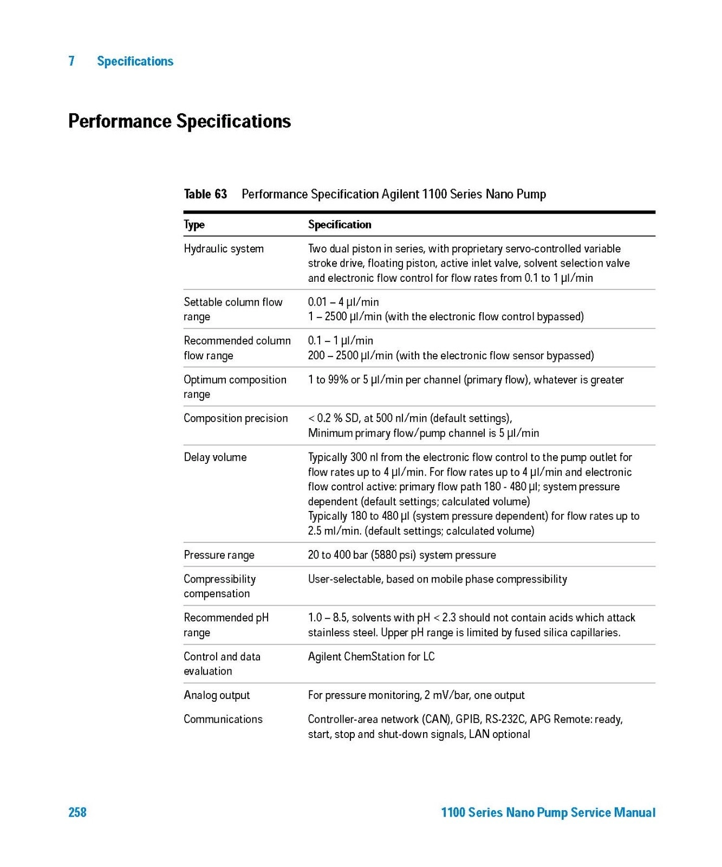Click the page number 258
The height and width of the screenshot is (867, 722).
[77, 812]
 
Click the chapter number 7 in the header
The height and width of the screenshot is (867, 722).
[71, 61]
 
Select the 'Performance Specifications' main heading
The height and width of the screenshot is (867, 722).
[179, 121]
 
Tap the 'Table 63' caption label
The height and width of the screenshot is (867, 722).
[205, 194]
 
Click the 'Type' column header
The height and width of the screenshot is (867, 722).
[194, 224]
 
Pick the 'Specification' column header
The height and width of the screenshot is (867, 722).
[340, 224]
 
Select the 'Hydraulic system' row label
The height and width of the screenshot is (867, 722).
[224, 249]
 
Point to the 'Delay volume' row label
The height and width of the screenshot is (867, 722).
[215, 457]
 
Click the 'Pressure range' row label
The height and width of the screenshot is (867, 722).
[219, 555]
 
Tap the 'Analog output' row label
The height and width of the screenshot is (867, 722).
[217, 695]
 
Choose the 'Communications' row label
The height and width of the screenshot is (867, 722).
[223, 719]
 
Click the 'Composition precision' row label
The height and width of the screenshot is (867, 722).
[236, 418]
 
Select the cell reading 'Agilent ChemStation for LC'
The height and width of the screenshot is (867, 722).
[371, 657]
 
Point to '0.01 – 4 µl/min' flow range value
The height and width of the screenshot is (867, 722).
[343, 302]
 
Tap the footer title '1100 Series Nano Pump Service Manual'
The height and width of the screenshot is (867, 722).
[548, 812]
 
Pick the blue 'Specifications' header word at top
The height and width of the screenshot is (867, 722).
[135, 61]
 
